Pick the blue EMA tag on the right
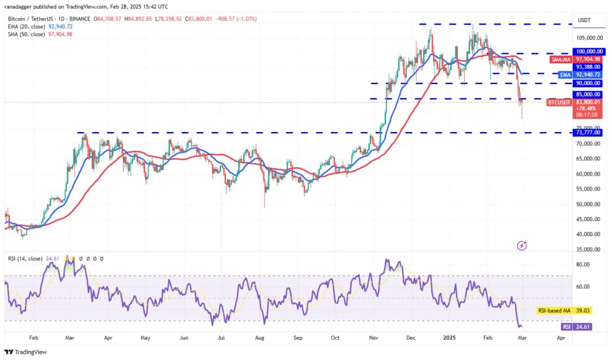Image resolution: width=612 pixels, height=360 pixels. pyautogui.click(x=565, y=74)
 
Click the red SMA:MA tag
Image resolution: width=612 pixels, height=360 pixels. pyautogui.click(x=561, y=59)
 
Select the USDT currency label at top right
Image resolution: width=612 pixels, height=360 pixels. pyautogui.click(x=584, y=20)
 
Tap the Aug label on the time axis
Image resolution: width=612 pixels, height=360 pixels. pyautogui.click(x=260, y=337)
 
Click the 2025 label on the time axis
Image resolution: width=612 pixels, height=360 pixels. pyautogui.click(x=449, y=337)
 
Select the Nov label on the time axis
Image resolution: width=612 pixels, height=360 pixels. pyautogui.click(x=373, y=337)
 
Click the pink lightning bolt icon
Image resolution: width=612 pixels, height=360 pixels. pyautogui.click(x=522, y=245)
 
